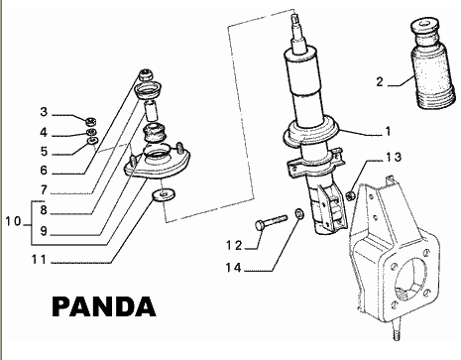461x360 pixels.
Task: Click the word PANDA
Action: click(104, 306)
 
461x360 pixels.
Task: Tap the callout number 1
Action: click(388, 131)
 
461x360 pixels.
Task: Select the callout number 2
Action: click(380, 81)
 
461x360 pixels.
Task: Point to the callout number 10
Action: click(13, 221)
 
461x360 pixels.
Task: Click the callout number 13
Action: click(394, 157)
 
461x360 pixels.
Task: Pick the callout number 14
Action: click(233, 267)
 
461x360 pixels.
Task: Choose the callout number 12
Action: click(234, 246)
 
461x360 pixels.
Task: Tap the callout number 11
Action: click(40, 260)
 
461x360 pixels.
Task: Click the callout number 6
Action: click(44, 171)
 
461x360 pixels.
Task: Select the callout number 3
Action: click(44, 112)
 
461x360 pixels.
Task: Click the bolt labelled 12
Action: click(271, 221)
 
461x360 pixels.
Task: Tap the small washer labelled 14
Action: click(299, 213)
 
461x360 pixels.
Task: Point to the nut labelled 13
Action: click(351, 195)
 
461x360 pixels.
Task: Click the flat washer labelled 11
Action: click(164, 195)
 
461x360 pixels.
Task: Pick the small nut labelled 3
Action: click(90, 122)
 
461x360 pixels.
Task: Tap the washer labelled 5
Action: click(93, 141)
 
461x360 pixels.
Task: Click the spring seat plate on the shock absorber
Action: click(311, 134)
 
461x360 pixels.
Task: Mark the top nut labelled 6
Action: click(146, 75)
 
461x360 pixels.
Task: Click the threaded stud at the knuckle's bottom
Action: click(397, 330)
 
